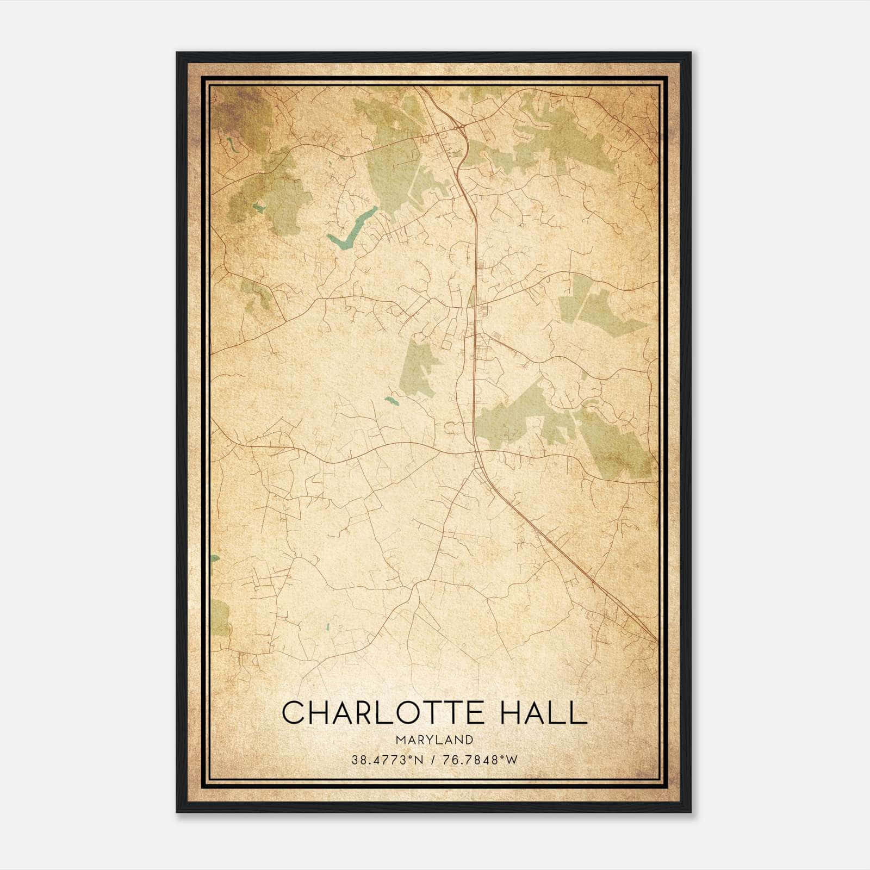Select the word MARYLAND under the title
pos(434,739)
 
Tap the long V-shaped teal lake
pos(351,227)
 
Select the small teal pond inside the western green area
pos(258,207)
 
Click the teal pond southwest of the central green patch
pos(390,401)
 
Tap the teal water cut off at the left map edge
pos(215,558)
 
